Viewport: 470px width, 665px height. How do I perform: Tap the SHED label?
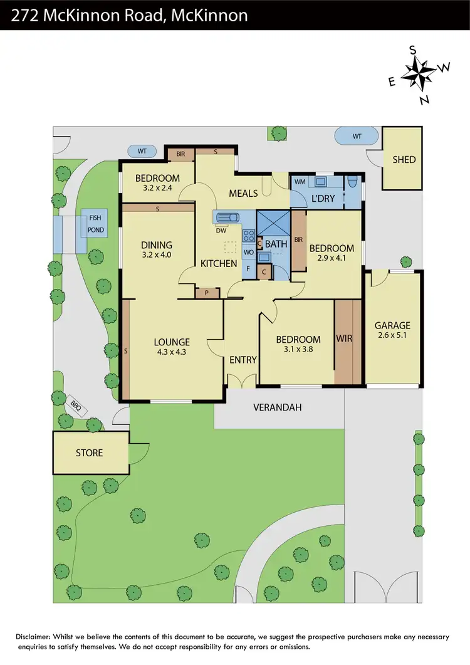click(x=404, y=159)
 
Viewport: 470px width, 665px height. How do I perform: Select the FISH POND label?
click(x=95, y=224)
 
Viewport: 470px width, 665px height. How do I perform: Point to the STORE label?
click(x=89, y=453)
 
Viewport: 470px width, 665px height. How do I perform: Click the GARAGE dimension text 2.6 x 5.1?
click(x=392, y=336)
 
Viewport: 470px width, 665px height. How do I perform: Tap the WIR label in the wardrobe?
click(x=345, y=339)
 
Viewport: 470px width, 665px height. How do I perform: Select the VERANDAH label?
click(x=277, y=407)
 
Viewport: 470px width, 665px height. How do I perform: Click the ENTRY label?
click(x=243, y=360)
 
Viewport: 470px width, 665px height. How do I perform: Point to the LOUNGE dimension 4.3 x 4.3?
click(x=172, y=352)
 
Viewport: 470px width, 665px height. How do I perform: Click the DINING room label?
click(x=157, y=245)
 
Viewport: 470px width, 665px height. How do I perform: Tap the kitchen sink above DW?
click(x=227, y=218)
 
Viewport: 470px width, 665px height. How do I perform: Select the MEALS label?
click(x=243, y=193)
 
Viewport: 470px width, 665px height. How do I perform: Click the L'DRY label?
click(x=323, y=199)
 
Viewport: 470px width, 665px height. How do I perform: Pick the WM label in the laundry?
click(x=300, y=182)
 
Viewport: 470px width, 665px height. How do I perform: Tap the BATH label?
click(x=276, y=243)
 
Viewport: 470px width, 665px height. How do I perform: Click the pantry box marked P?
click(x=206, y=292)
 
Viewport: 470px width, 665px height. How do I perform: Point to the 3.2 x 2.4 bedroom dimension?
click(x=157, y=187)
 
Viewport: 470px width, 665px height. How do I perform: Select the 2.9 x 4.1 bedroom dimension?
click(x=332, y=258)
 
